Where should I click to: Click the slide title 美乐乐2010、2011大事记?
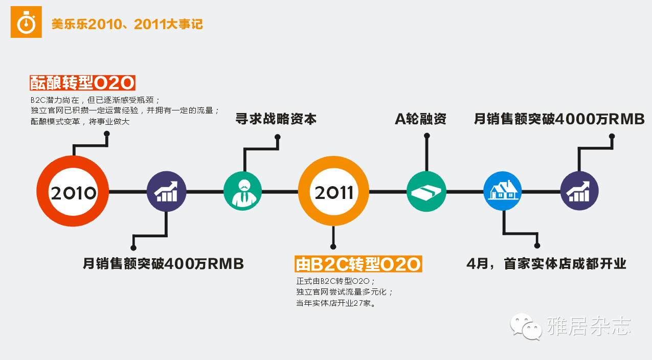[x=127, y=24]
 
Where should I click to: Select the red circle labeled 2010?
[x=73, y=192]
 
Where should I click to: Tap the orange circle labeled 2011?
[x=334, y=192]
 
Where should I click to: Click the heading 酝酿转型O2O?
[x=82, y=83]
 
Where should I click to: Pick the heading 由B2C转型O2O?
[x=358, y=264]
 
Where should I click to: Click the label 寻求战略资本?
[x=276, y=119]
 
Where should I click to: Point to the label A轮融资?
[x=420, y=119]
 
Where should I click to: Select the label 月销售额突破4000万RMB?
[x=559, y=119]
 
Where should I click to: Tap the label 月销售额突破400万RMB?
[x=163, y=264]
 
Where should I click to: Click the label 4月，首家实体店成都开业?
[x=546, y=264]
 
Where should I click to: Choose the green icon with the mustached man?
[x=243, y=192]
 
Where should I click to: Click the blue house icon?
[x=503, y=191]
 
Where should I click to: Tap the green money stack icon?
[x=426, y=192]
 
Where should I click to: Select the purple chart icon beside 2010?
[x=166, y=192]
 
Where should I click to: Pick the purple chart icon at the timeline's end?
[x=579, y=192]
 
